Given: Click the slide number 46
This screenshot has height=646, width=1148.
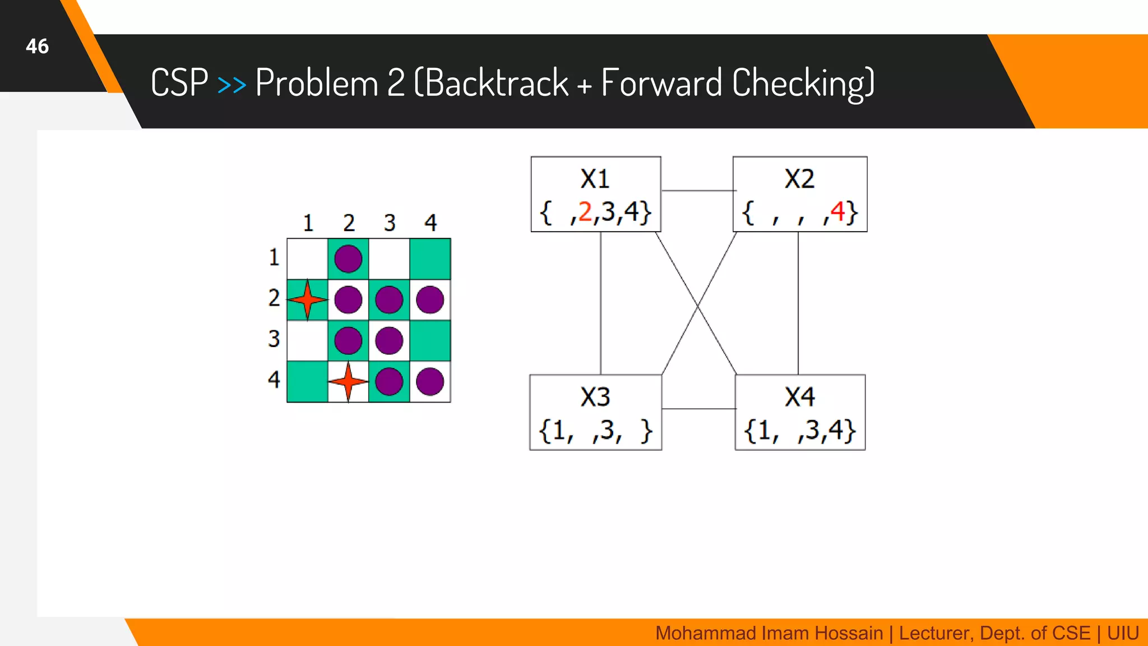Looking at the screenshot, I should tap(37, 46).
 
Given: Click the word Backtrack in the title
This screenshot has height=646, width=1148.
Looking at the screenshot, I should tap(497, 83).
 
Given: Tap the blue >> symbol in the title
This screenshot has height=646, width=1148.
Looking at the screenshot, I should tap(232, 85).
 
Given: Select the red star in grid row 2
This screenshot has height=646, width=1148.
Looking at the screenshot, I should tap(308, 299).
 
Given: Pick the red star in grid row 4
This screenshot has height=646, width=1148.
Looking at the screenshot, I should tap(348, 381).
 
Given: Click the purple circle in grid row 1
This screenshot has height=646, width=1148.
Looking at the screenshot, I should tap(348, 259).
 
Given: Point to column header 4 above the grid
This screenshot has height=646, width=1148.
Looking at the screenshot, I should tap(430, 223).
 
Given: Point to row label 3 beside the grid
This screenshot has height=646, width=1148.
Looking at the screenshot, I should tap(274, 339).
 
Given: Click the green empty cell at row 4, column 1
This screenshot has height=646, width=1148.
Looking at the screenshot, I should tap(307, 382).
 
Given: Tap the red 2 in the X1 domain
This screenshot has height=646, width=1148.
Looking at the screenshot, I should tap(585, 212).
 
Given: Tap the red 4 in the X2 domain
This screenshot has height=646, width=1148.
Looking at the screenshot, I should tap(837, 212).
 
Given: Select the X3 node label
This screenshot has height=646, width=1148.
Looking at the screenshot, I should tap(595, 397).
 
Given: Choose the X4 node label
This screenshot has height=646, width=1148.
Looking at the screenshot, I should tap(799, 397).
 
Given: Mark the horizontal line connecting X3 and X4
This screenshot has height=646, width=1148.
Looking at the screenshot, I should tap(698, 409).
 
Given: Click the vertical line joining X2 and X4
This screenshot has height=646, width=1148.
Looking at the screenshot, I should tap(798, 303).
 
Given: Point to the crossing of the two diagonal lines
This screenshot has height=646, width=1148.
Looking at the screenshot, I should tap(697, 306).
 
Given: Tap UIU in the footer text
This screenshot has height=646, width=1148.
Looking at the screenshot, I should tap(1122, 633).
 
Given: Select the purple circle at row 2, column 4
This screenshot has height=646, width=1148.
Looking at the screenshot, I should tap(430, 300).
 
